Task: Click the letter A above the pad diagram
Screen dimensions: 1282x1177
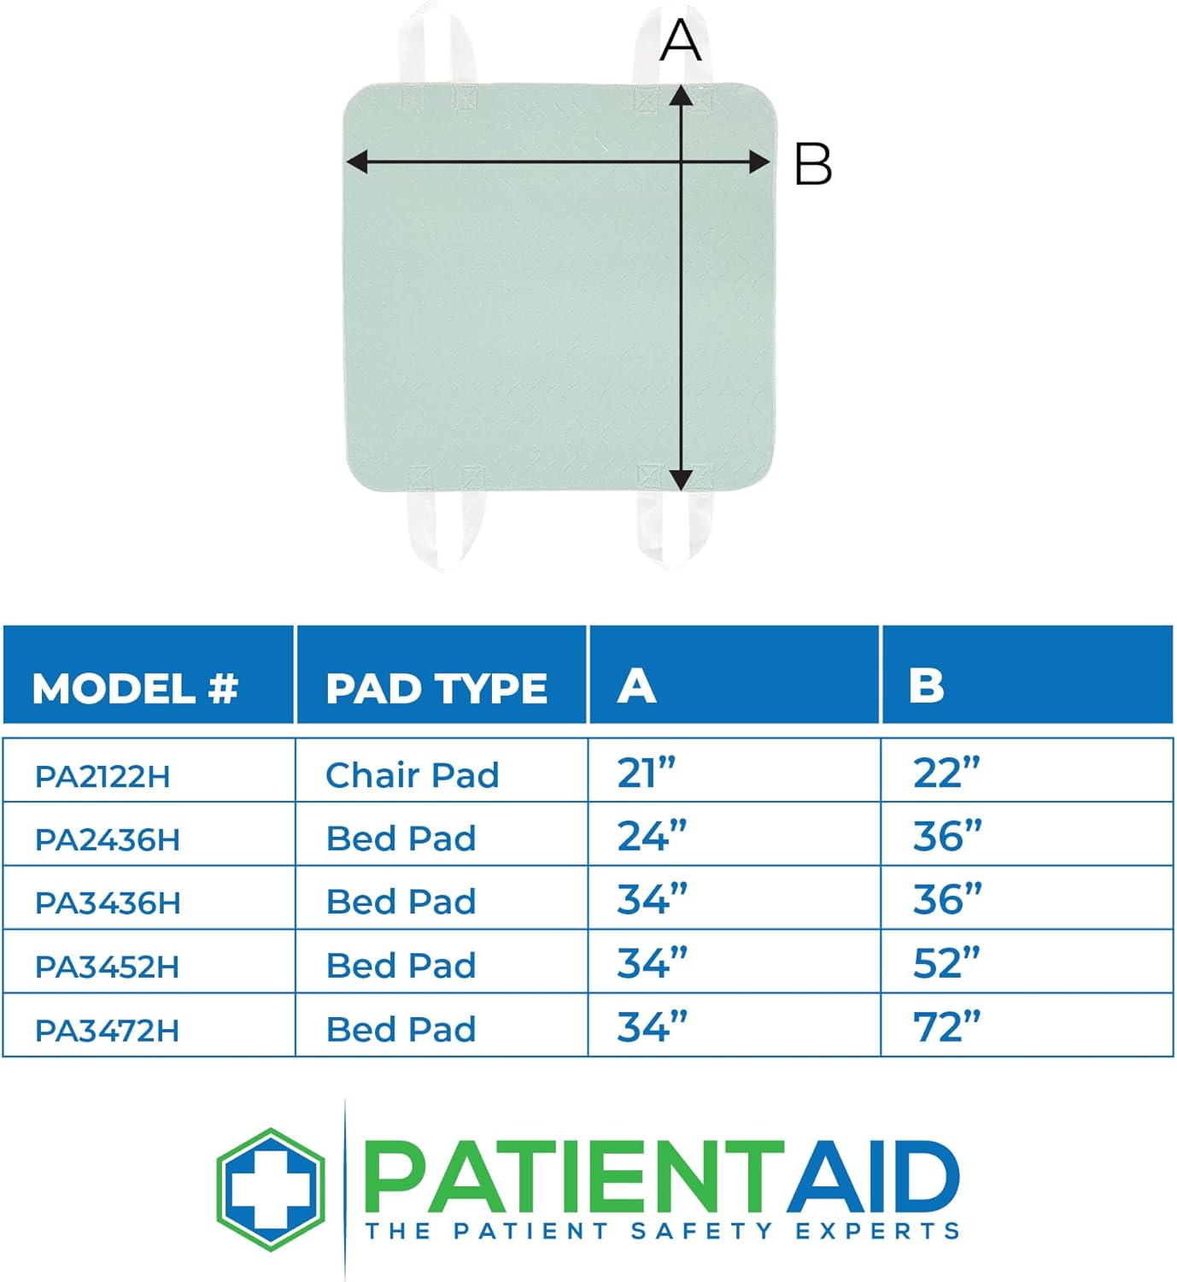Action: coord(681,41)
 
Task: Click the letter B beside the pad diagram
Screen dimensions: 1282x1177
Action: coord(812,164)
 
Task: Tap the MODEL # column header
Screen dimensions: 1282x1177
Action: coord(135,688)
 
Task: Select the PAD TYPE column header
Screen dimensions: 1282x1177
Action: coord(436,688)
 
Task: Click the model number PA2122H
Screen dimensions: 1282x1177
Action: coord(102,777)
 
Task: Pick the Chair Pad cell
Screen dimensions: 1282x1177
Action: coord(413,775)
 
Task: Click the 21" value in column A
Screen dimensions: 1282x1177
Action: coord(646,773)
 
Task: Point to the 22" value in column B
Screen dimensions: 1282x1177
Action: coord(946,773)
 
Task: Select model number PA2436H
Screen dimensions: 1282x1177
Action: coord(108,839)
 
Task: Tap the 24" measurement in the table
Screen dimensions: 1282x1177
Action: coord(652,837)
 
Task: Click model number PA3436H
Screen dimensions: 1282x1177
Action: coord(108,903)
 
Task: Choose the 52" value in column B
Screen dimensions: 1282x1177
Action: coord(946,964)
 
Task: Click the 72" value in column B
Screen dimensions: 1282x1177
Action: coord(946,1027)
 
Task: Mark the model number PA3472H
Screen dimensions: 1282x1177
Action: coord(108,1031)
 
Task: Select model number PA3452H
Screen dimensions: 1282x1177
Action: coord(108,967)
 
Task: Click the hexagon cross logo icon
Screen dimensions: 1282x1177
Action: coord(271,1189)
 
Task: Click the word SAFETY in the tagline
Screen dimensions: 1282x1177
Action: coord(700,1231)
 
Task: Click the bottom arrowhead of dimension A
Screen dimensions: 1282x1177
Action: coord(680,480)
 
